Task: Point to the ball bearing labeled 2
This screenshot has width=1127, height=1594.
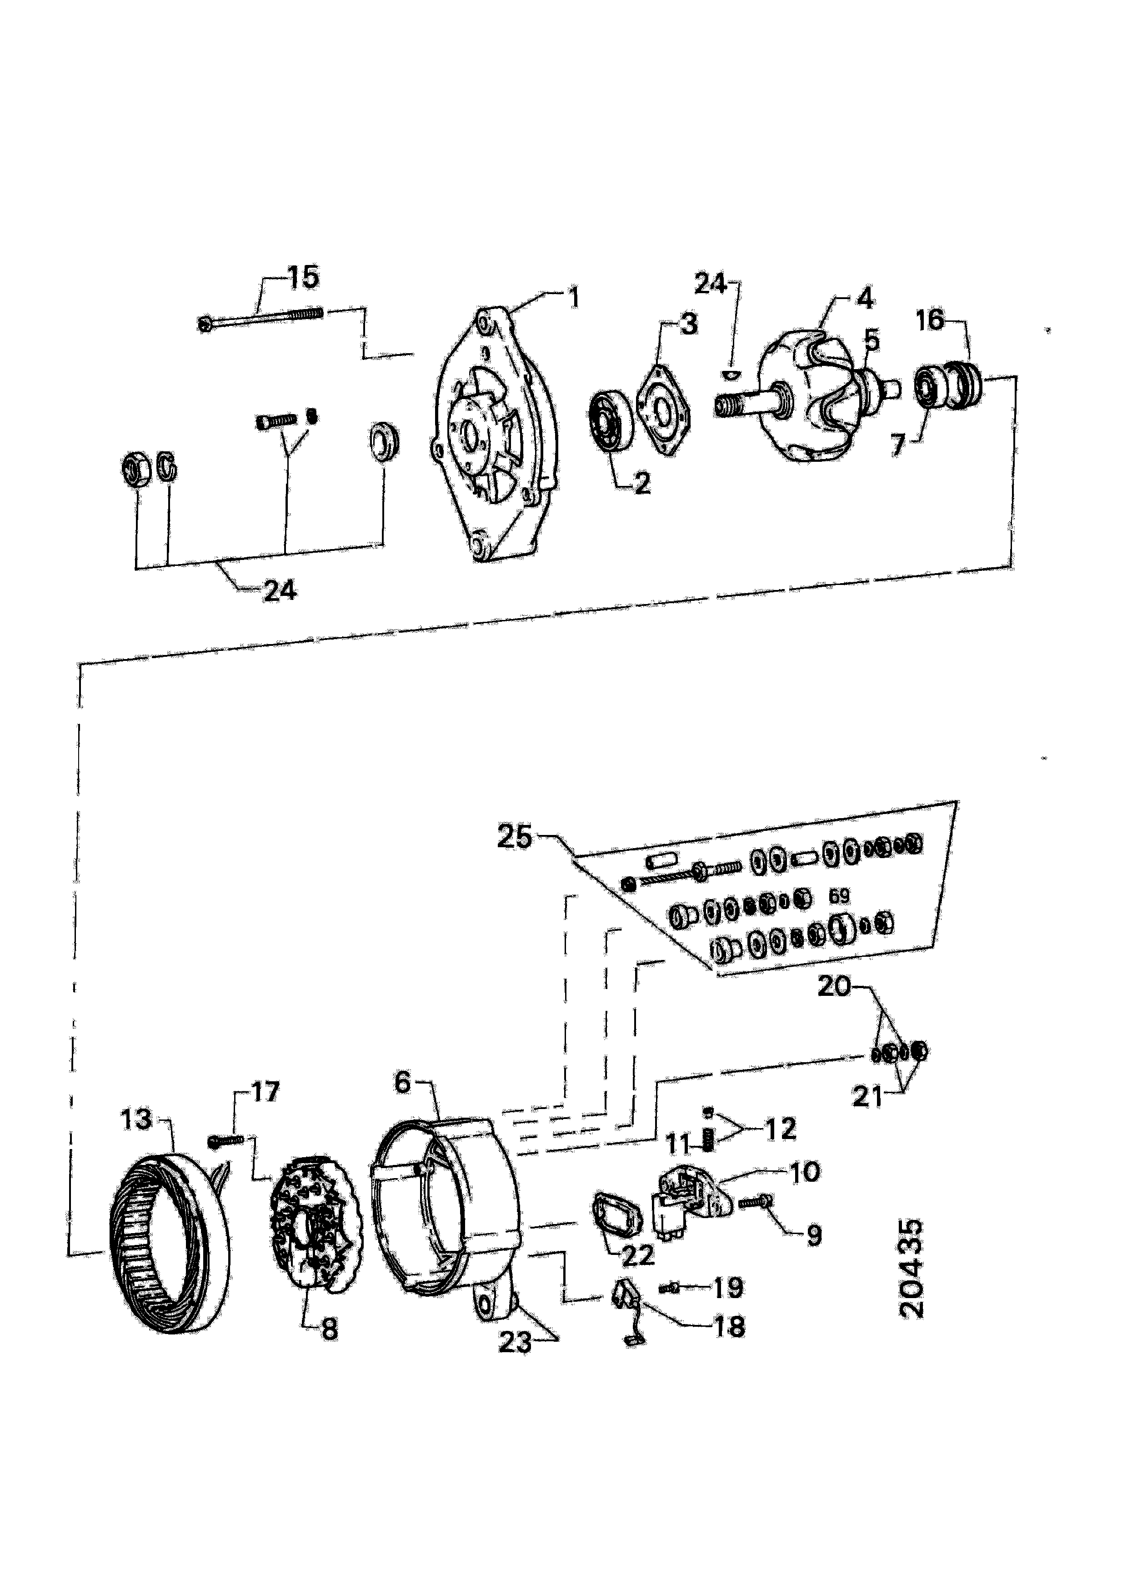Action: coord(611,423)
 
